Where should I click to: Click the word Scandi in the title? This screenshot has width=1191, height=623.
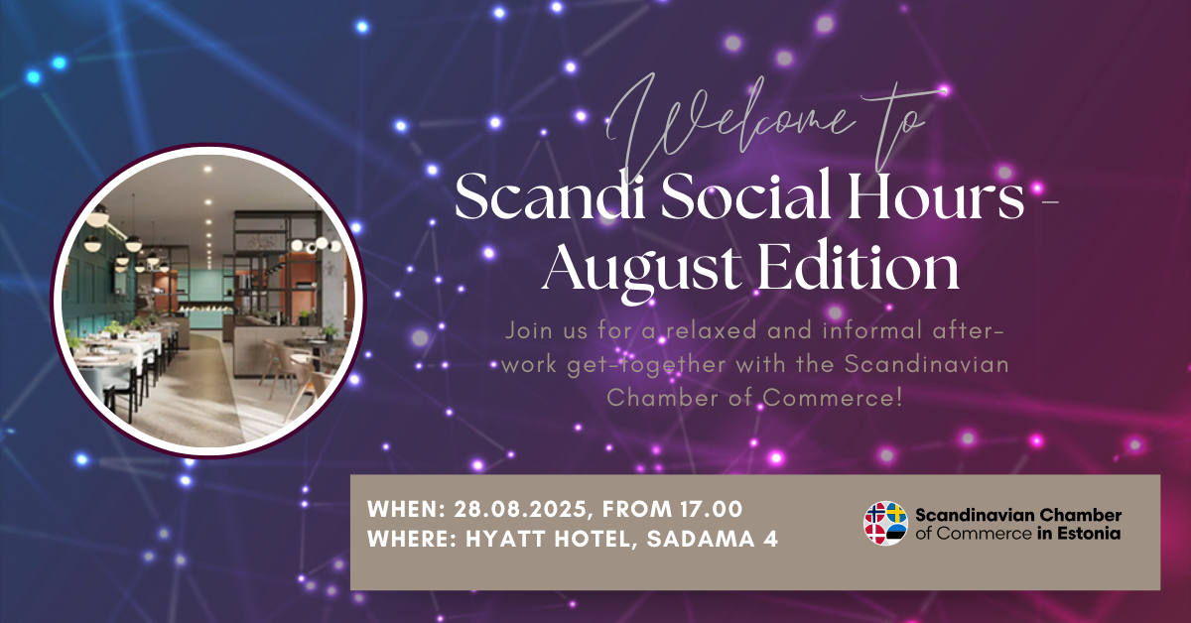pyautogui.click(x=550, y=196)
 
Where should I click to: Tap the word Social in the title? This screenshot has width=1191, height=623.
pyautogui.click(x=745, y=195)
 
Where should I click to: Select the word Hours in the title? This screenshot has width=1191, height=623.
pyautogui.click(x=935, y=195)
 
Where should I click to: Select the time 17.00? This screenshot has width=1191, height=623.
pyautogui.click(x=711, y=509)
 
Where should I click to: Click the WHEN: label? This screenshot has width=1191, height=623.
pyautogui.click(x=406, y=509)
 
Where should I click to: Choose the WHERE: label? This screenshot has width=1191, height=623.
pyautogui.click(x=413, y=539)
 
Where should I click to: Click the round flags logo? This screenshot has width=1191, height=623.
pyautogui.click(x=885, y=524)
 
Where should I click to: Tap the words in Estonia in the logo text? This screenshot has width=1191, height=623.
pyautogui.click(x=1079, y=533)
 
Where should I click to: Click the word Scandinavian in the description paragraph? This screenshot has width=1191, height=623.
pyautogui.click(x=927, y=365)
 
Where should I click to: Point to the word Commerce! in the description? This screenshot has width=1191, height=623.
pyautogui.click(x=833, y=398)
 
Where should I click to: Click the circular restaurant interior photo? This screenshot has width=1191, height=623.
pyautogui.click(x=207, y=301)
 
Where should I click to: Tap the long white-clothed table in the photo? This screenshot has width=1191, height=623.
pyautogui.click(x=120, y=348)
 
